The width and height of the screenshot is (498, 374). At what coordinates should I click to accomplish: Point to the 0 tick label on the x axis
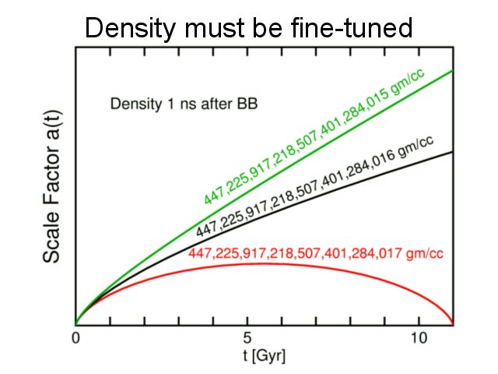[75, 339]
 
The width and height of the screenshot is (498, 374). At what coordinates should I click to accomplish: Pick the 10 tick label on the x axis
[419, 339]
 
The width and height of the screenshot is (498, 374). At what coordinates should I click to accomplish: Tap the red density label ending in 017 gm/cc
[317, 252]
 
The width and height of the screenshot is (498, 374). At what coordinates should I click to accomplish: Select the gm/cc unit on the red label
[426, 252]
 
